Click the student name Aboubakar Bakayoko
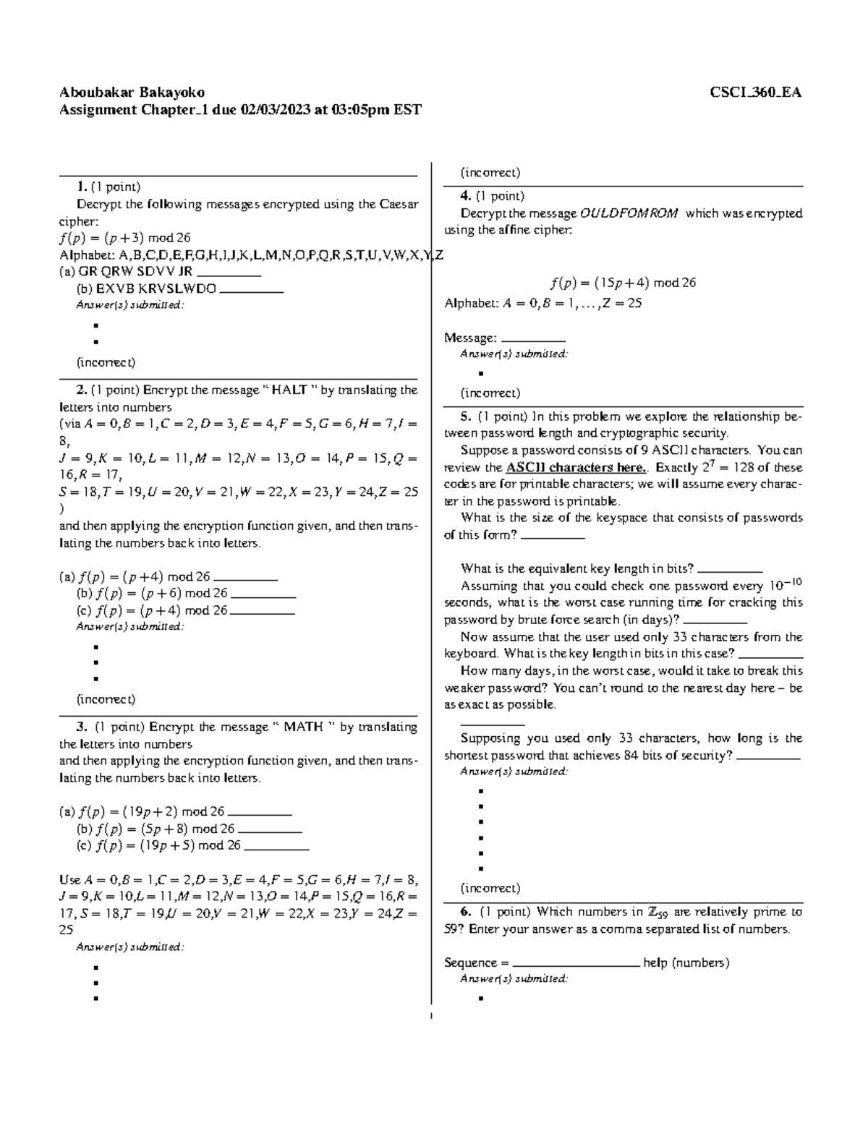pos(132,92)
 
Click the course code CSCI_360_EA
pos(755,92)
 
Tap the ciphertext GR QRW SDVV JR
pos(126,272)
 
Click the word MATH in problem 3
pos(303,727)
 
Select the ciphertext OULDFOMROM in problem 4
pos(629,213)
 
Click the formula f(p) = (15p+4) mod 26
pos(623,283)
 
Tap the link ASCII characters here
pos(576,467)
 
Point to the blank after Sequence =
pos(575,962)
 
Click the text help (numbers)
pos(686,962)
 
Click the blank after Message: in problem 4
pos(533,338)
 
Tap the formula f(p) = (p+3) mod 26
pos(124,238)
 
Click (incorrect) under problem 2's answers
pos(106,699)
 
